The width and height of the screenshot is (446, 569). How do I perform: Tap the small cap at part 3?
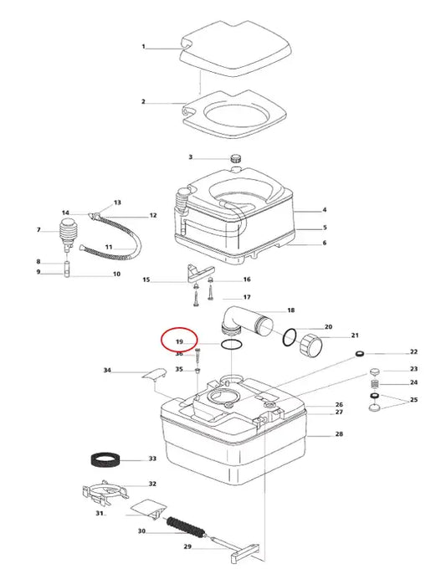pos(236,159)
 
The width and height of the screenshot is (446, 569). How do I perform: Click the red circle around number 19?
pos(180,339)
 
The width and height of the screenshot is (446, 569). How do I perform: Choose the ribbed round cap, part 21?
pos(310,345)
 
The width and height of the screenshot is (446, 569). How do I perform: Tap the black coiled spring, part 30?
pos(186,527)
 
